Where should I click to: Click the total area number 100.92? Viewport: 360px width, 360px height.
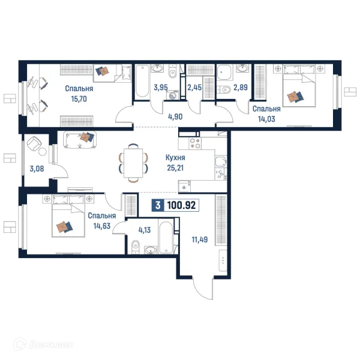point(181,205)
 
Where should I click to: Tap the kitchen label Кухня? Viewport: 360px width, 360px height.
point(175,158)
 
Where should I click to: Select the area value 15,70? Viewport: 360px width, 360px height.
point(79,99)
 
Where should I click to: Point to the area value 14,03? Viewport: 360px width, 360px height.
point(266,119)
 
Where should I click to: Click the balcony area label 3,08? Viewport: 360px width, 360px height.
point(37,169)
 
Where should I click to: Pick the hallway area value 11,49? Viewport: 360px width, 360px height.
point(200,239)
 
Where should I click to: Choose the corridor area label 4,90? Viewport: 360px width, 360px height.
point(175,116)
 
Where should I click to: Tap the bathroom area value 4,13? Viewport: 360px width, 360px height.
point(145,230)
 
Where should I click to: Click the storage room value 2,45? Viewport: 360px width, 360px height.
point(194,88)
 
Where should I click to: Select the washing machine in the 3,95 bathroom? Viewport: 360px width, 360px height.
point(172,95)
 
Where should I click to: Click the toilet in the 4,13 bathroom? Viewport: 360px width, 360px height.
point(136,247)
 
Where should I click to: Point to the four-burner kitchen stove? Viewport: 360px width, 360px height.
point(195,143)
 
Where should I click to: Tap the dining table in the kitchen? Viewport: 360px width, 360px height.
point(133,163)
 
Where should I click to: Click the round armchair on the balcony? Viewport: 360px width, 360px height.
point(34,144)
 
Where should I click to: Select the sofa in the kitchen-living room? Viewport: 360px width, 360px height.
point(80,140)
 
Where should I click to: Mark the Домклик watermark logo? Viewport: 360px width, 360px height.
point(43,344)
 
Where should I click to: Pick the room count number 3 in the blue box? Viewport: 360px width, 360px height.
point(158,205)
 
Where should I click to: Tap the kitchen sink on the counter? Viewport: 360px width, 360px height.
point(221,161)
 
